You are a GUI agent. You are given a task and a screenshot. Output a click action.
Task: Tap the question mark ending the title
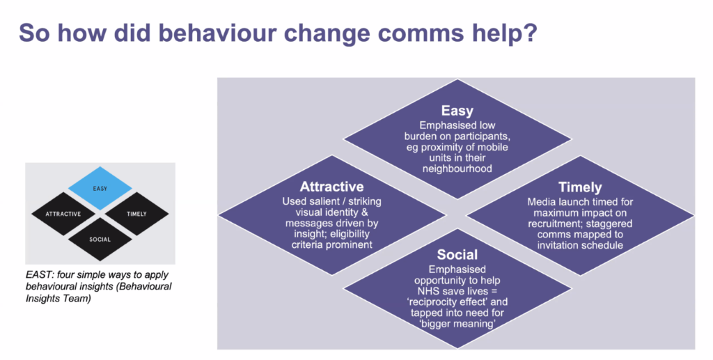click(530, 33)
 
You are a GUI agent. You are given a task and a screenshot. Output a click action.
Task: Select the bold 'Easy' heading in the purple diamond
click(457, 111)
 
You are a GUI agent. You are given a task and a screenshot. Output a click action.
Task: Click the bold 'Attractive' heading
click(331, 187)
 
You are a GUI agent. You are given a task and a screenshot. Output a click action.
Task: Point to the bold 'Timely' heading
click(580, 187)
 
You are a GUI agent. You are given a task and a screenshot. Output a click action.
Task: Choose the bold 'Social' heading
click(457, 255)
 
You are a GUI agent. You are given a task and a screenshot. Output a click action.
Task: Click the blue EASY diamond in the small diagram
click(100, 188)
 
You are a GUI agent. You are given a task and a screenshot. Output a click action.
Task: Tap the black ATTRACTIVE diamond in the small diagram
click(63, 214)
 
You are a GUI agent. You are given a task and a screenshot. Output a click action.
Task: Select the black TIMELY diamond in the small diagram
click(137, 214)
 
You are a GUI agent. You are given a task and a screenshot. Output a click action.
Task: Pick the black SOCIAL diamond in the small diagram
click(100, 239)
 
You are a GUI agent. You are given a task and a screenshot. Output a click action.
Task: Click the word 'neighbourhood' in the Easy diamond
click(457, 169)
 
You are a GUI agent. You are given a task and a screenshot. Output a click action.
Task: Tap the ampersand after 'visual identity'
click(363, 212)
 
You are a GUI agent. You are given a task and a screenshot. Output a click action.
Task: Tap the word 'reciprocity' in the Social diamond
click(434, 302)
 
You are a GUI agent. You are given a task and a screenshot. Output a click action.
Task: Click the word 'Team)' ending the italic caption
click(78, 299)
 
